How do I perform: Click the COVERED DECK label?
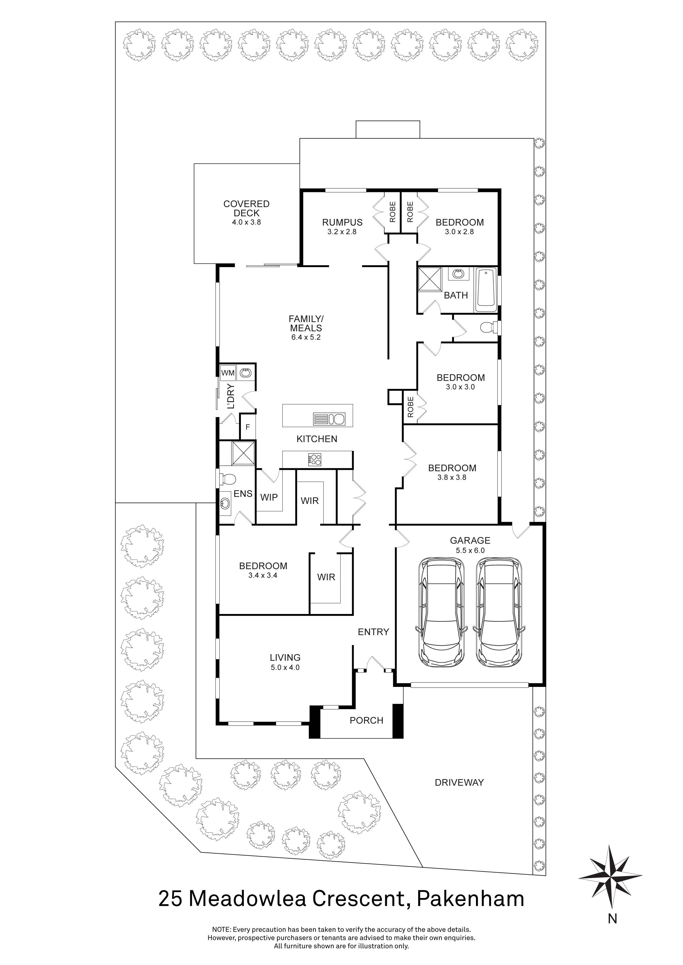pyautogui.click(x=246, y=209)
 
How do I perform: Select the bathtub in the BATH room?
pyautogui.click(x=486, y=290)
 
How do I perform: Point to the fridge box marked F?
pyautogui.click(x=248, y=427)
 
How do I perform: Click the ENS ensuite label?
pyautogui.click(x=243, y=494)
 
